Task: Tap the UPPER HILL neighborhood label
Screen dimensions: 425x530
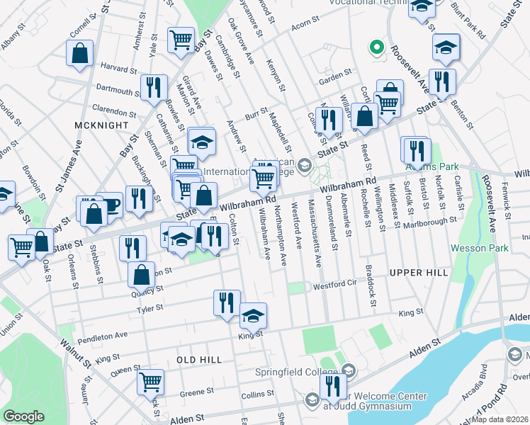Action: [x=418, y=272]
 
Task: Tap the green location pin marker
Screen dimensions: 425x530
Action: [x=377, y=49]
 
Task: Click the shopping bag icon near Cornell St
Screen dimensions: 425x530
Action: [x=80, y=52]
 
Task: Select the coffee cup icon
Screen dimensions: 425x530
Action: [x=110, y=205]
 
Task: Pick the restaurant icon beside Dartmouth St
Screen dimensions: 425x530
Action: [x=153, y=88]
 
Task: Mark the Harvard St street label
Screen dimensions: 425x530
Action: [x=119, y=69]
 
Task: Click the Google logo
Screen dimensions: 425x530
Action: [x=24, y=416]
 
